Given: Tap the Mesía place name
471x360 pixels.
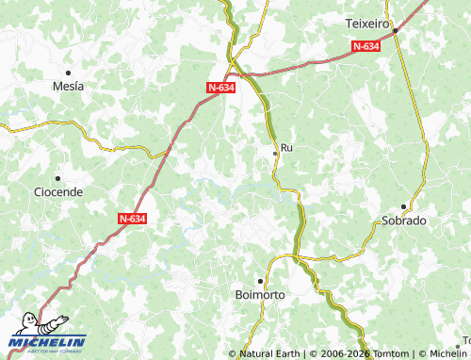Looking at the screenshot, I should pos(68,86).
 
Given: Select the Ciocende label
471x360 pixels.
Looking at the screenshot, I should pos(58,191).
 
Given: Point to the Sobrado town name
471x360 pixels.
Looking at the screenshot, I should pos(404,221).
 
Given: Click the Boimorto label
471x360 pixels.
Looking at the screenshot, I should pos(259,295).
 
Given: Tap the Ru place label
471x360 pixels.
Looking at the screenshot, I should pos(287,148).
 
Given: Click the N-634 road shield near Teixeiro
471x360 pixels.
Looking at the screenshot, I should pos(366,45).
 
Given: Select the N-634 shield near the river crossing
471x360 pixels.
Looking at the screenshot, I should pos(220,87).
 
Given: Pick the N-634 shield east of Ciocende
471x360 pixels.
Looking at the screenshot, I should pos(133,218).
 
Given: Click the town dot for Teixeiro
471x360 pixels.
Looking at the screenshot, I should pos(396,30).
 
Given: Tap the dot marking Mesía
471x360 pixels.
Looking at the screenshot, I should pos(68,72).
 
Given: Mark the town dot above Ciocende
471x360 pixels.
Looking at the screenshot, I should pos(58,177).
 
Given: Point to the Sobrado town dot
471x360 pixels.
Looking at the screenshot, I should pos(404,206).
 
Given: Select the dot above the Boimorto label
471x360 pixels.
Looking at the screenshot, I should pos(259,281).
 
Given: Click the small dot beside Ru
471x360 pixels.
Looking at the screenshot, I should pos(275,151).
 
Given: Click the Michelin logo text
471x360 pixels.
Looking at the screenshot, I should pos(47,340).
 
